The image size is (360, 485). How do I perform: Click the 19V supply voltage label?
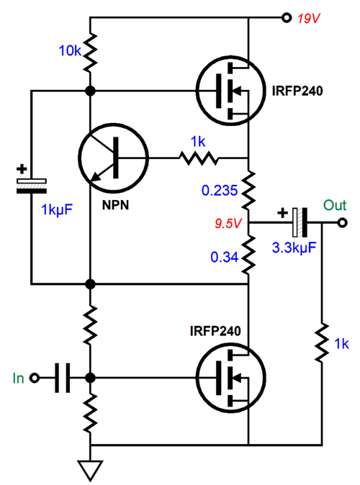click(308, 19)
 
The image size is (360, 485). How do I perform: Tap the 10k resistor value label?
click(70, 50)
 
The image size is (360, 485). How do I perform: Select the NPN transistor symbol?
click(113, 158)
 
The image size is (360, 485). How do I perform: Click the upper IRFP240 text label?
click(297, 91)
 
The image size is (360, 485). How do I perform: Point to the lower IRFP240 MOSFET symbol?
click(230, 378)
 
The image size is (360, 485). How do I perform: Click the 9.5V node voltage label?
click(228, 223)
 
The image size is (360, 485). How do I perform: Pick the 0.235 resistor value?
click(220, 190)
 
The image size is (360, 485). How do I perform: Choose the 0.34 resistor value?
click(225, 257)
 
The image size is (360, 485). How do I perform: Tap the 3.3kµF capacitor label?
click(294, 248)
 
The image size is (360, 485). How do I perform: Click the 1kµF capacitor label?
click(57, 210)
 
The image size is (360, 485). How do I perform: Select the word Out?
click(335, 205)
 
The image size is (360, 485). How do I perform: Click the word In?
click(18, 378)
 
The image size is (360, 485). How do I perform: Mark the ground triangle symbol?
click(90, 470)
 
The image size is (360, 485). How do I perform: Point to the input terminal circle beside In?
click(34, 378)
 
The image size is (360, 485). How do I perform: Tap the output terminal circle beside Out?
click(342, 222)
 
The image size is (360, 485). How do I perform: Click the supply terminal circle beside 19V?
click(287, 18)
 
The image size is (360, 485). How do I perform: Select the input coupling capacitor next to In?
click(62, 378)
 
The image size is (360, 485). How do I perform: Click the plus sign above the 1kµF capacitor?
click(22, 169)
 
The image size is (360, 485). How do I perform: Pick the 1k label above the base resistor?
click(198, 142)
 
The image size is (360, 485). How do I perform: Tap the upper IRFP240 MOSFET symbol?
click(230, 91)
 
